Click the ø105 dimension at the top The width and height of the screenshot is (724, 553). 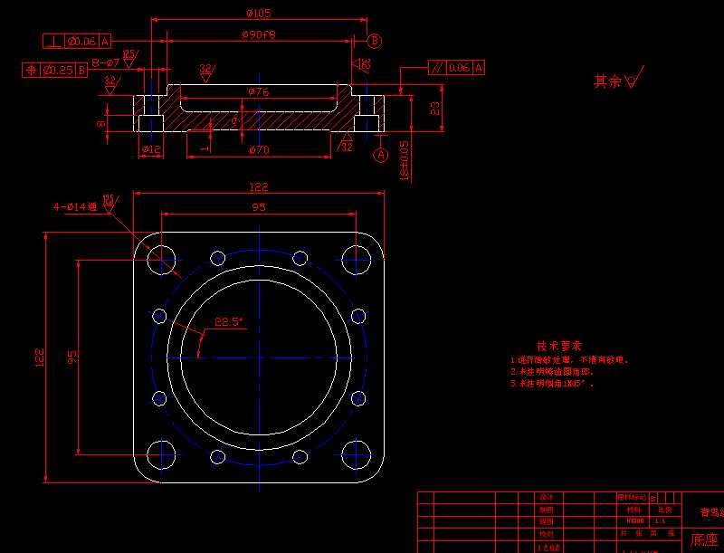[x=259, y=13]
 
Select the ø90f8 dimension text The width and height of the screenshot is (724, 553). [x=259, y=34]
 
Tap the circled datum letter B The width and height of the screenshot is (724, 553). [x=375, y=41]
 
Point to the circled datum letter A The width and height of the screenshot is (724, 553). [x=380, y=155]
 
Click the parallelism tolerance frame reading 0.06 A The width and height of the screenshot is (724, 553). [x=456, y=67]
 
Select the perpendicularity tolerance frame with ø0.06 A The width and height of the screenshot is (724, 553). [x=77, y=41]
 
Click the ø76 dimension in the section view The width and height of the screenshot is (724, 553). [x=258, y=92]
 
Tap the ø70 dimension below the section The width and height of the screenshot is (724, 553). [x=258, y=149]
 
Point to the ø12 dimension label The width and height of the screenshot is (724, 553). [x=150, y=149]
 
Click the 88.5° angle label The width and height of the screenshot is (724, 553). [x=229, y=321]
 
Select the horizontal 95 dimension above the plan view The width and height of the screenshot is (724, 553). [x=258, y=207]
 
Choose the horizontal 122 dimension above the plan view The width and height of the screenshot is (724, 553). [x=258, y=187]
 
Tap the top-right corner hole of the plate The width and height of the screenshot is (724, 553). [x=357, y=258]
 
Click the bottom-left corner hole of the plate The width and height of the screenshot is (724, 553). [x=161, y=452]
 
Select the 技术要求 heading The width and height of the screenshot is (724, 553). [x=558, y=346]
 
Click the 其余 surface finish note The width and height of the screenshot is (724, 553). [x=607, y=81]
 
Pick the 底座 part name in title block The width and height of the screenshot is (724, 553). [x=704, y=540]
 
